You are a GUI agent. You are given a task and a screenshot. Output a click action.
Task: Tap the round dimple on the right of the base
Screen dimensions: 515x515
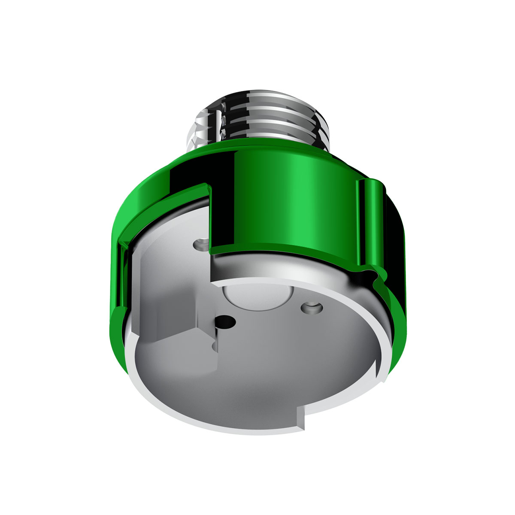click(x=312, y=308)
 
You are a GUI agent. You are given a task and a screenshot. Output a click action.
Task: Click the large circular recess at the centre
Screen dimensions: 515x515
click(x=257, y=296)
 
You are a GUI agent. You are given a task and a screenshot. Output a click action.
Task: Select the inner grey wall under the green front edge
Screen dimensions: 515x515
click(x=275, y=268)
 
